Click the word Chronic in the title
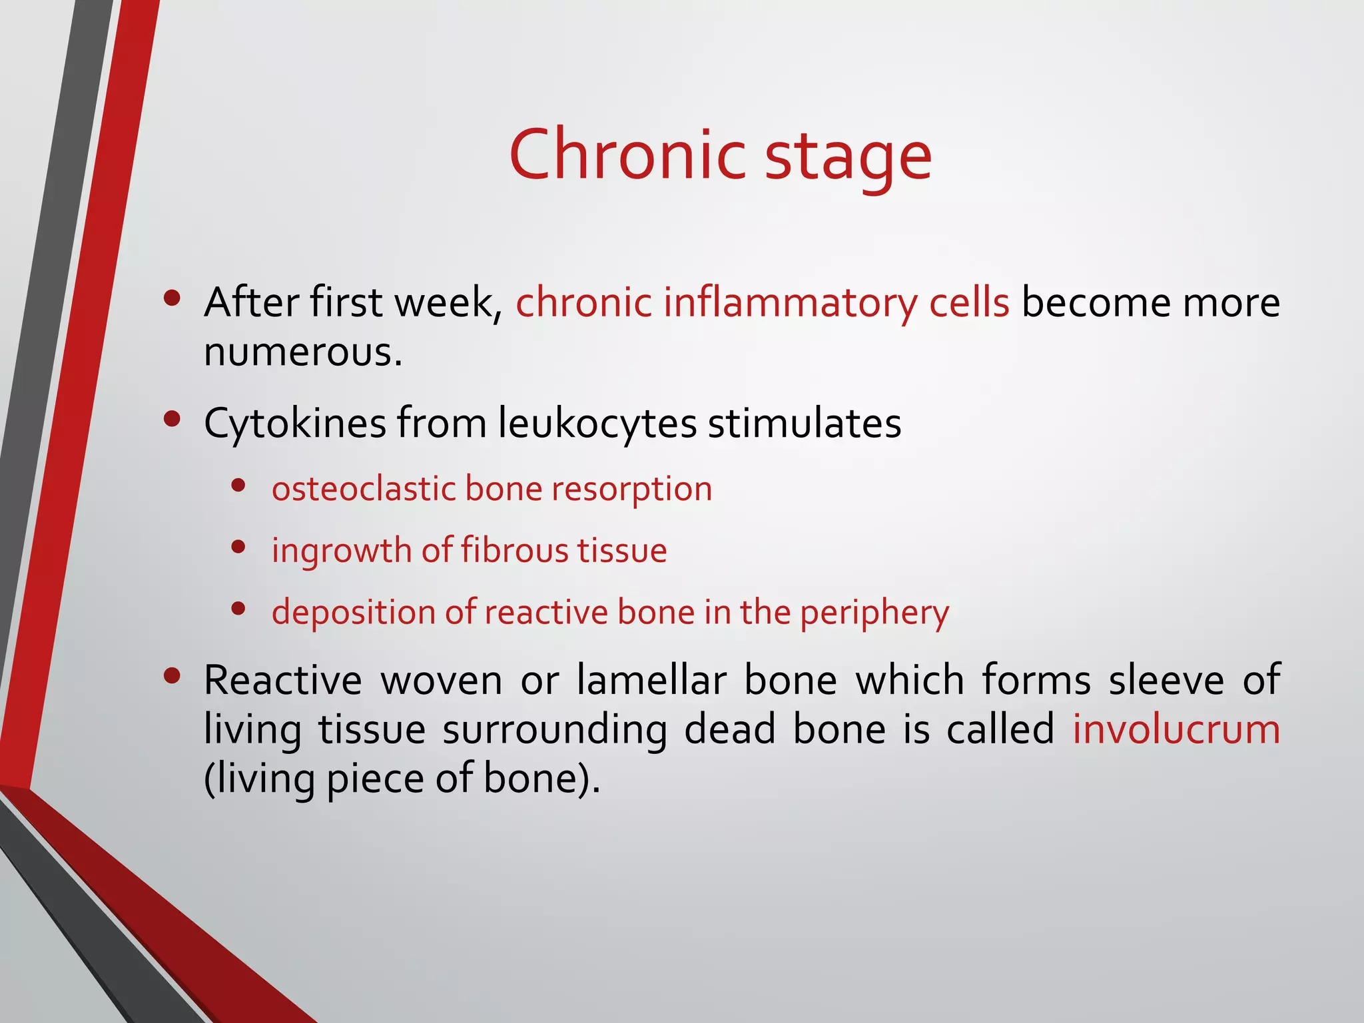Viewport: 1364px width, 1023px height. click(x=627, y=155)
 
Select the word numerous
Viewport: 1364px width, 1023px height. click(x=302, y=352)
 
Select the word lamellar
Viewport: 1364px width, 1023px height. click(x=651, y=681)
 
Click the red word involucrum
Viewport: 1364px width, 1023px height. click(x=1176, y=729)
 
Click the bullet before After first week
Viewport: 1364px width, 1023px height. click(x=172, y=299)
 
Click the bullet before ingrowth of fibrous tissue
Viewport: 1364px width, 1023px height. click(x=238, y=547)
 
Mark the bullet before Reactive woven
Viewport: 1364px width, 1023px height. click(x=172, y=677)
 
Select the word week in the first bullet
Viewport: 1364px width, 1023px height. click(x=448, y=304)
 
